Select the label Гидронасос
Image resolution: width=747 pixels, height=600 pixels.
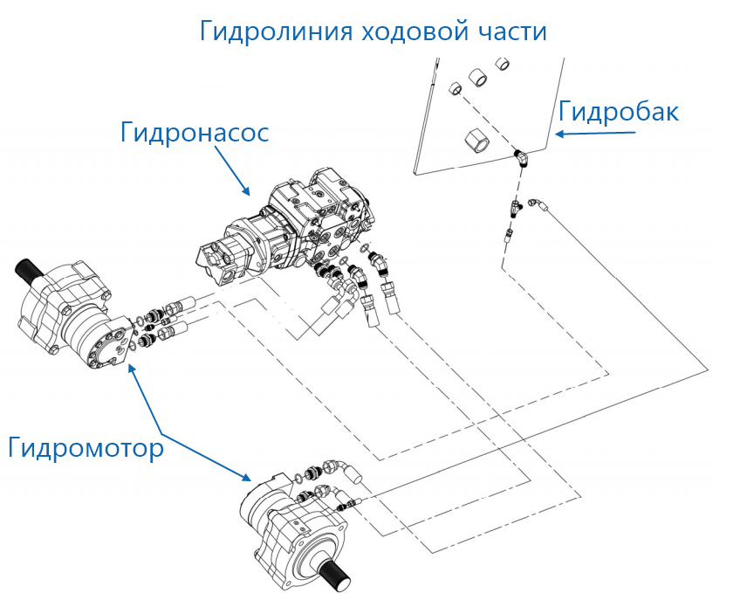[194, 134]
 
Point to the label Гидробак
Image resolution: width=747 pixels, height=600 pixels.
[618, 112]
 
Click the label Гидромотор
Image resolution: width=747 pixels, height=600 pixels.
[86, 448]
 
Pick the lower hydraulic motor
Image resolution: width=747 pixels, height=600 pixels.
[297, 533]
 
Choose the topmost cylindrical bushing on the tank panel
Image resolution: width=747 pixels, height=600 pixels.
[503, 64]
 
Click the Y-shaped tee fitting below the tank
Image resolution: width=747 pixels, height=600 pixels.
[518, 208]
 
